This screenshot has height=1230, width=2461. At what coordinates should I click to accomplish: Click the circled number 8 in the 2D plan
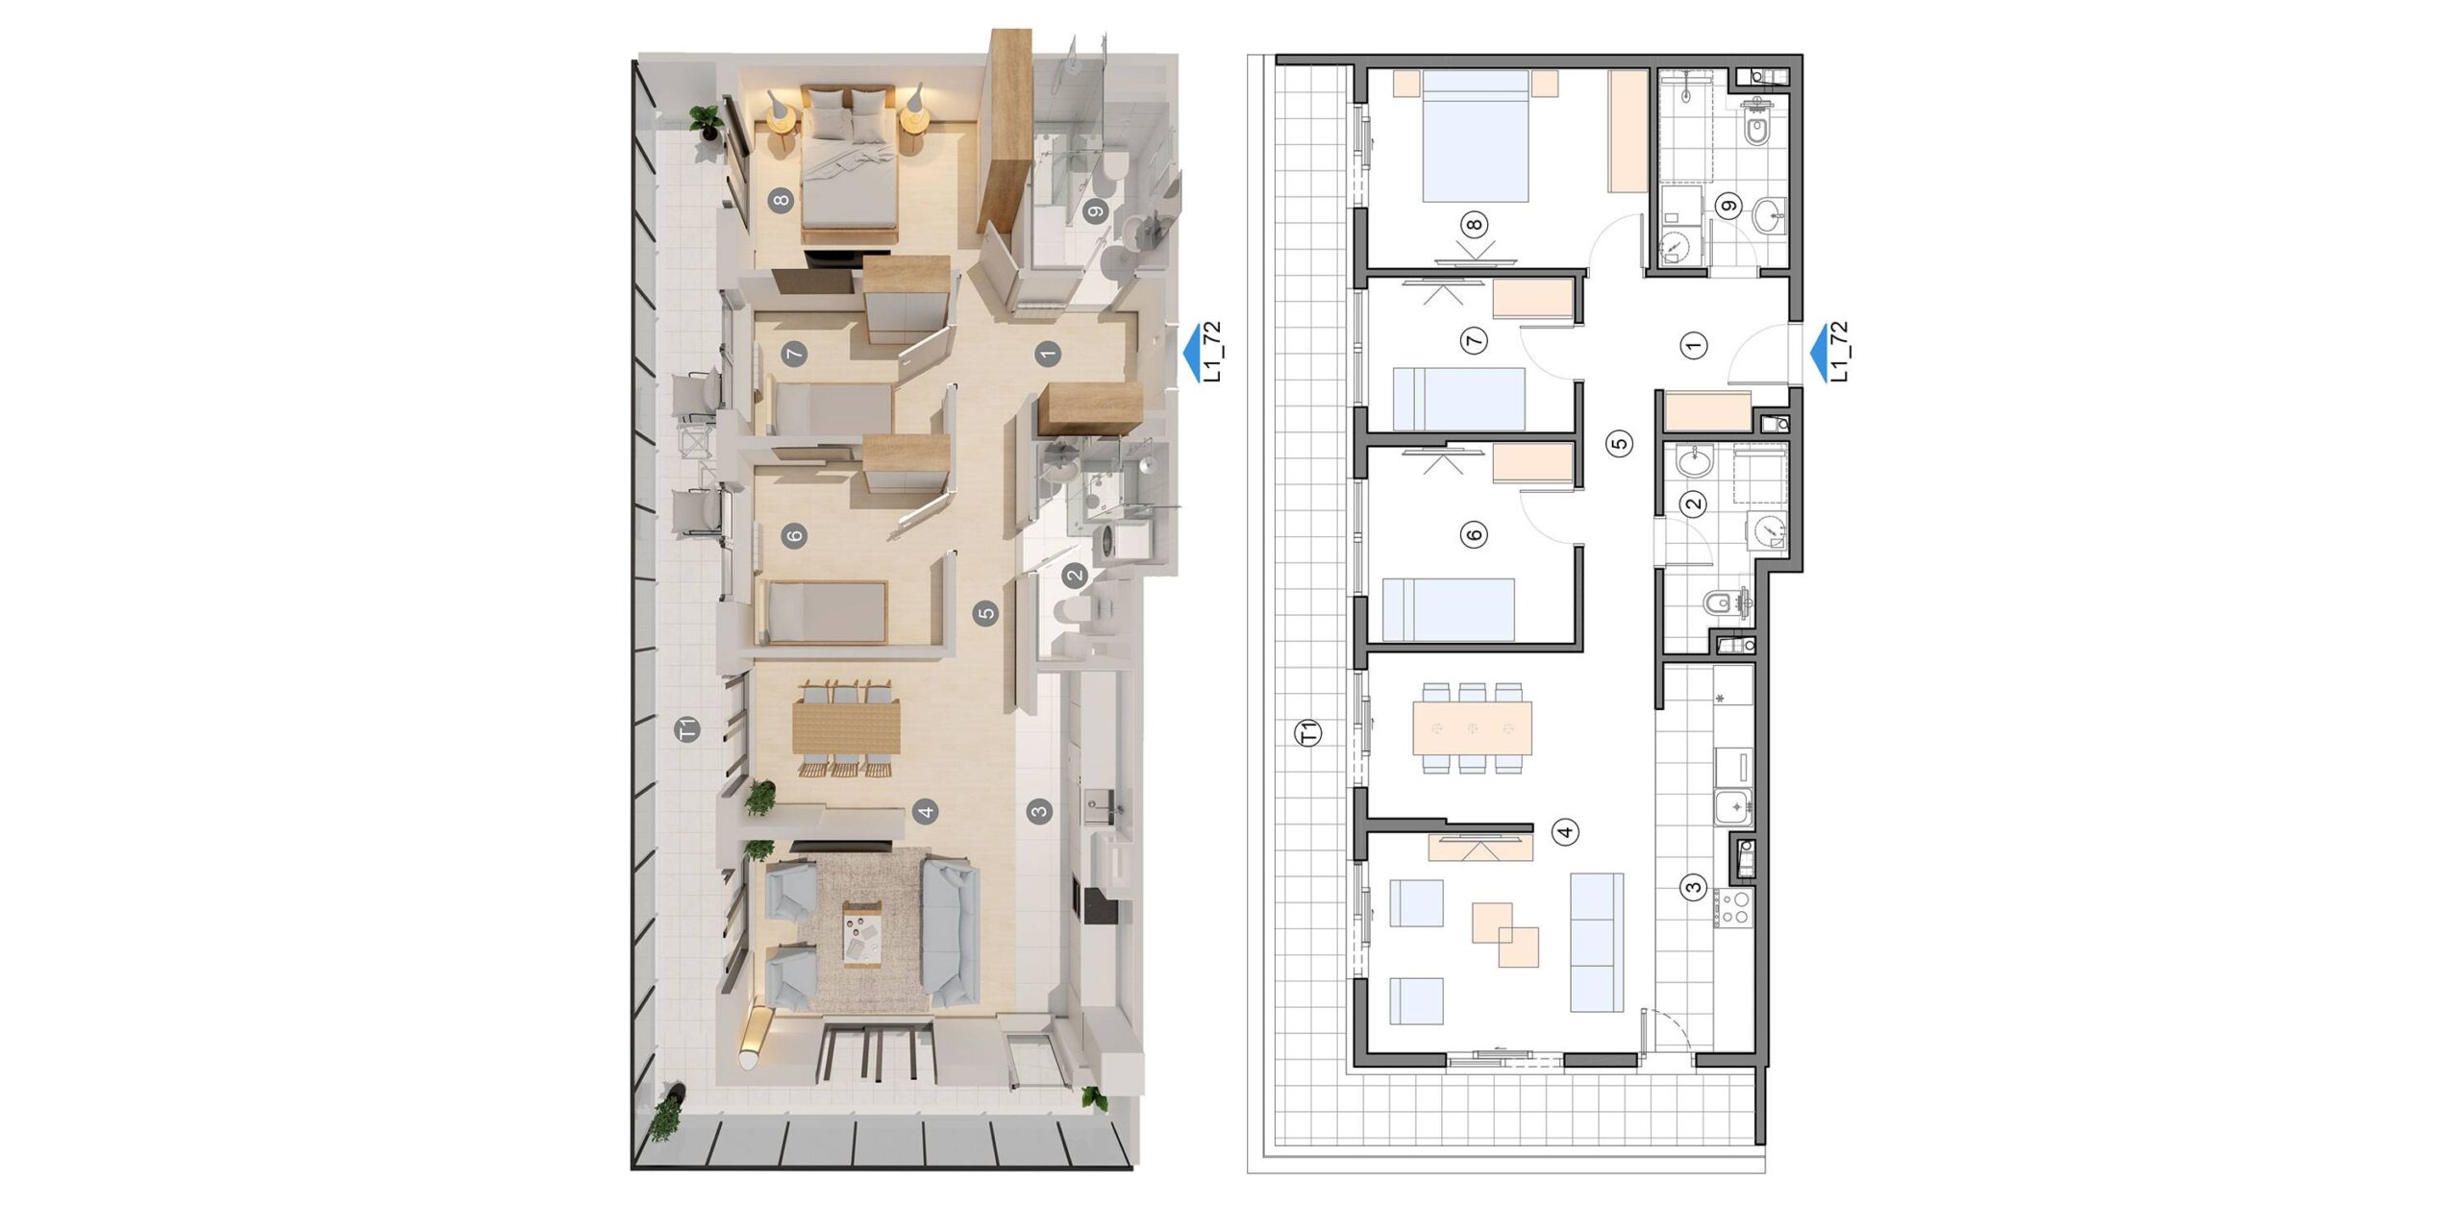tap(1473, 225)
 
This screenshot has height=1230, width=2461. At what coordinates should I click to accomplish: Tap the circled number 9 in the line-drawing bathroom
tap(1728, 206)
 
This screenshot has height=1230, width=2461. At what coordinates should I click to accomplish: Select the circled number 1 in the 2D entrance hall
tap(1695, 345)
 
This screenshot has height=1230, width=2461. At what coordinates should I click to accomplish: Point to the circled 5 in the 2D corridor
tap(1621, 443)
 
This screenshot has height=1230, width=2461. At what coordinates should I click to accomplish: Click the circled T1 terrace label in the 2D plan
tap(1309, 733)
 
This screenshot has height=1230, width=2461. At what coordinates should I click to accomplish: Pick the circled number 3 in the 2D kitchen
tap(1694, 888)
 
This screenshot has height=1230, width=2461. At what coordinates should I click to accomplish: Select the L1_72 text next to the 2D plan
tap(1841, 351)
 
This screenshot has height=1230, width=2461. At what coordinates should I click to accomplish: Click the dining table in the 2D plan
tap(1472, 727)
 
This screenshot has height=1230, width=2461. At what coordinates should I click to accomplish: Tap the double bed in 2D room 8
tap(1476, 135)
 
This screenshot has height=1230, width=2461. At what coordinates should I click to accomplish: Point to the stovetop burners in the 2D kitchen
tap(1736, 907)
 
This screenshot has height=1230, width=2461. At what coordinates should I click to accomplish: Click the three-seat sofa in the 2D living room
tap(1597, 943)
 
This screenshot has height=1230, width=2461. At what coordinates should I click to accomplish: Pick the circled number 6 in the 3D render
tap(794, 536)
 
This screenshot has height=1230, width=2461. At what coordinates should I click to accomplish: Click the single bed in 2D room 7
tap(1459, 398)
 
